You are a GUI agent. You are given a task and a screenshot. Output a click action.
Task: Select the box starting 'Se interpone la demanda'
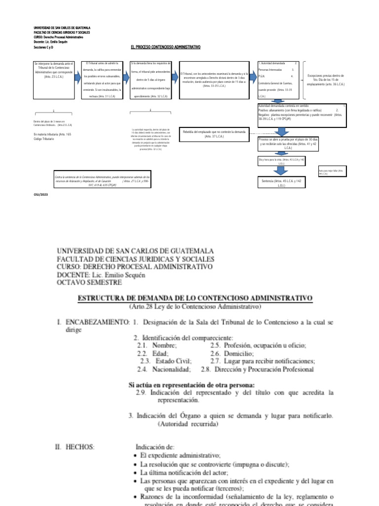click(x=53, y=79)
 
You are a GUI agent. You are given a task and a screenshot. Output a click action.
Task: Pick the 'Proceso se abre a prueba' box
click(x=282, y=144)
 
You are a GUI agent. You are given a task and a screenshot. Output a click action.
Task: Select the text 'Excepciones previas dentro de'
click(x=326, y=76)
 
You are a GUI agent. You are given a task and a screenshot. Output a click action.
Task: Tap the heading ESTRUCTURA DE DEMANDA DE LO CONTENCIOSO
click(x=195, y=298)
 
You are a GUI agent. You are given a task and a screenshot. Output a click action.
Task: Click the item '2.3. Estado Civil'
click(x=165, y=361)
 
